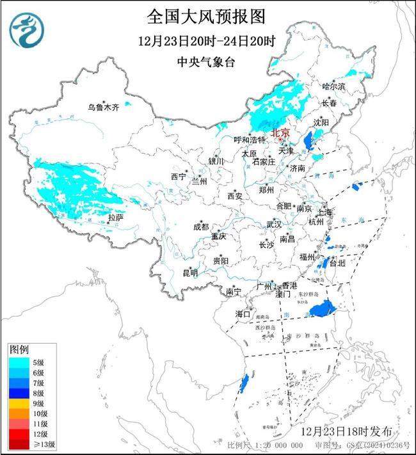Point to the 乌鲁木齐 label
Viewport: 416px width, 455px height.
(103, 107)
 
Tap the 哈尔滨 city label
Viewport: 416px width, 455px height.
(333, 86)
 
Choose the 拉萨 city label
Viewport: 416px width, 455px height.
(115, 218)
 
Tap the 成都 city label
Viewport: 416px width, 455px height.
(200, 227)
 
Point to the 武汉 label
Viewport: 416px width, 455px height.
(274, 225)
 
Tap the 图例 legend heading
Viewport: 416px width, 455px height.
(19, 350)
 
